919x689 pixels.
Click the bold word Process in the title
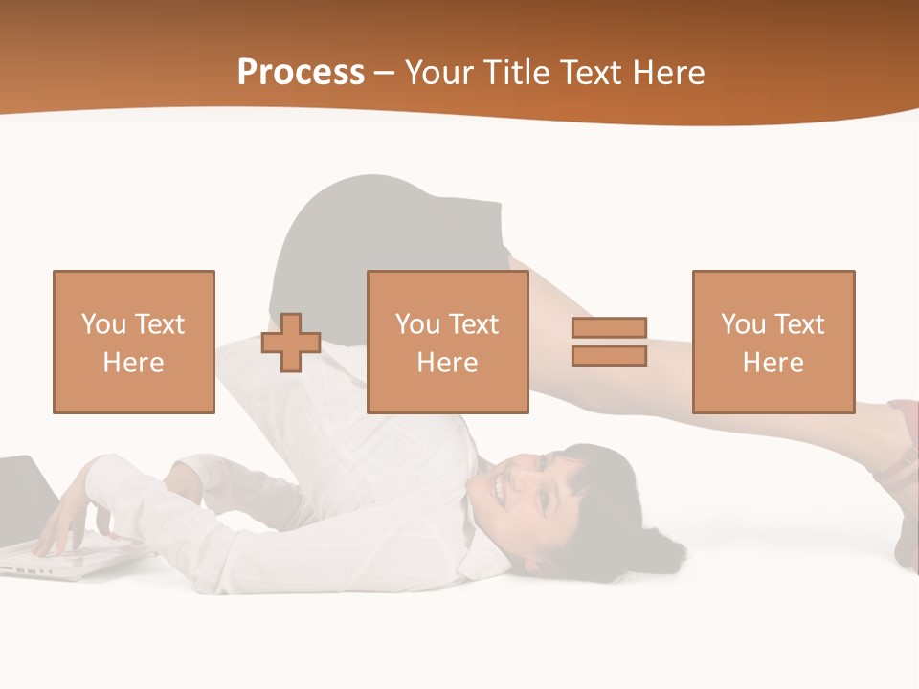(x=301, y=73)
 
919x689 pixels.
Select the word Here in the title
(x=667, y=73)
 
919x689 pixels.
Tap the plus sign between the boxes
(x=291, y=343)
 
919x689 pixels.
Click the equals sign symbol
(x=609, y=342)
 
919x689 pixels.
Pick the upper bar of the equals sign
(x=609, y=327)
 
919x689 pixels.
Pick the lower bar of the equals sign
(x=609, y=356)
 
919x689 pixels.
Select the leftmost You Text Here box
(x=134, y=342)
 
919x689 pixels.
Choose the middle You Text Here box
(x=448, y=342)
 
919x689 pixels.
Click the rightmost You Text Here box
(x=773, y=342)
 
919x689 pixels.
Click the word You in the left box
(x=102, y=324)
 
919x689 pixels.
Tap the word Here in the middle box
(x=448, y=363)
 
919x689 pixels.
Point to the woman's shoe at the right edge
(x=904, y=478)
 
